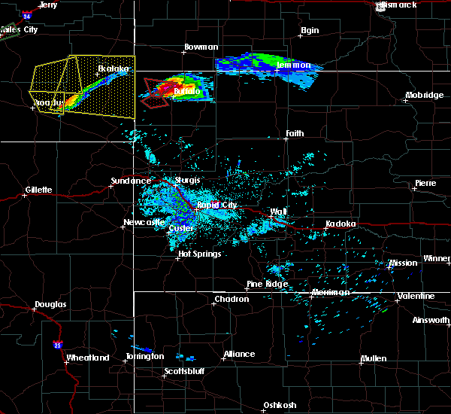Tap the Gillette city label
[x=38, y=190]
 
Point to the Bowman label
[x=201, y=47]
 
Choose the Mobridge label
[x=423, y=95]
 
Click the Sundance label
[x=131, y=181]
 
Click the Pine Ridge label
[x=267, y=285]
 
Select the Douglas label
[x=50, y=305]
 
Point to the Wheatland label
[x=88, y=358]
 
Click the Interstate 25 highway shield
[x=58, y=345]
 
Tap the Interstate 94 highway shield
[x=27, y=14]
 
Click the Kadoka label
[x=341, y=224]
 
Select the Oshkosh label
[x=279, y=406]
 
